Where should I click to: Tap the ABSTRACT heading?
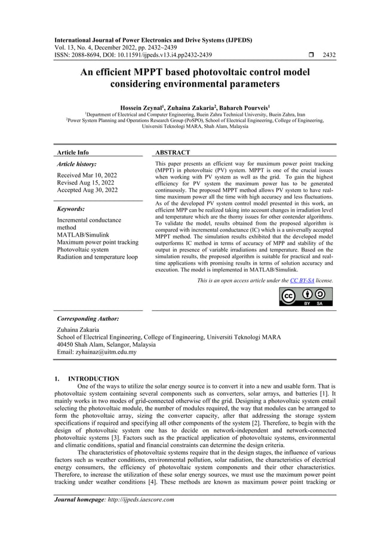(x=172, y=153)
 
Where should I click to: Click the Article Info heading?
(x=71, y=153)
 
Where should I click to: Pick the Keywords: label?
(x=71, y=209)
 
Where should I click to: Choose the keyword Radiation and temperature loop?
(x=97, y=258)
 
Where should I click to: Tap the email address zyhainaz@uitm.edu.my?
(x=104, y=352)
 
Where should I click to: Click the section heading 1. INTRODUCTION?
(x=87, y=378)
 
